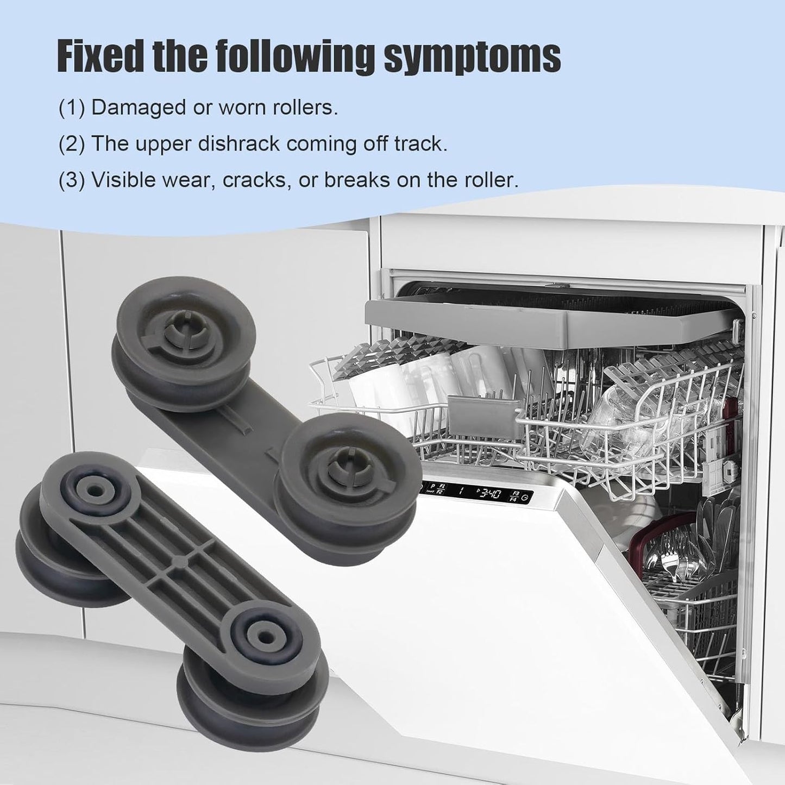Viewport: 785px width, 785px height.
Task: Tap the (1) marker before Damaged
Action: (72, 108)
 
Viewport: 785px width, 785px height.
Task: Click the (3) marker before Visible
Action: (72, 180)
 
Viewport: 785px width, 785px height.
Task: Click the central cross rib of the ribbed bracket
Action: (179, 561)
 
